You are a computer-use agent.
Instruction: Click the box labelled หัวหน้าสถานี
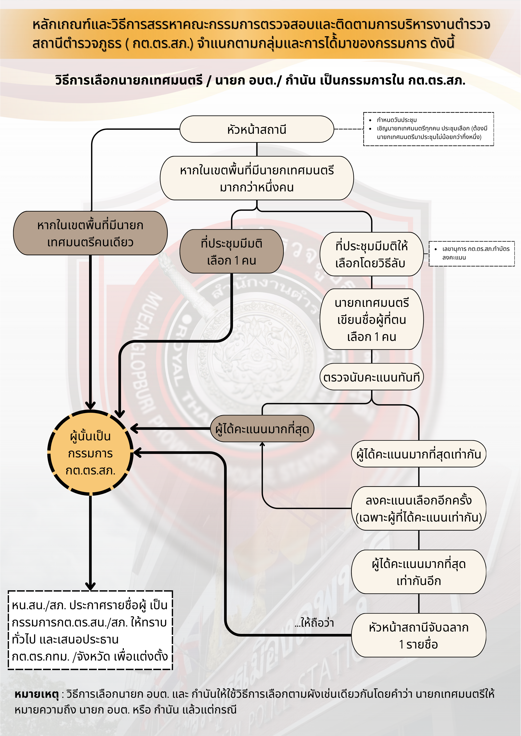257,129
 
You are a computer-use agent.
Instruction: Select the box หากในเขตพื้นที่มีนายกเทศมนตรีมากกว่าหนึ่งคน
257,178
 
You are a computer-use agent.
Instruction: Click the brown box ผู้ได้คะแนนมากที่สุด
262,429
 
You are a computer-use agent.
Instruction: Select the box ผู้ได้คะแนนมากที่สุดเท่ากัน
419,454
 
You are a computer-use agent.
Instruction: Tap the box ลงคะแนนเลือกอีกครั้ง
419,508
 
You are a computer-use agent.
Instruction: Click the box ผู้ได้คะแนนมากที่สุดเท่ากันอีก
419,572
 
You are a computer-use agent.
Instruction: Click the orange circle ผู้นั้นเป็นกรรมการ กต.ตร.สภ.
90,453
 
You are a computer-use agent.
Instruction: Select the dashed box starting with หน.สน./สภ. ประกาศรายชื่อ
90,630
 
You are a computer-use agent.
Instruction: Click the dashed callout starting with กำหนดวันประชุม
428,129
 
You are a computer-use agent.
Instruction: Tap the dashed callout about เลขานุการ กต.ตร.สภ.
472,253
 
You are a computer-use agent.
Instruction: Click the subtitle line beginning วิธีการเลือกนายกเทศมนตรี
260,80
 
